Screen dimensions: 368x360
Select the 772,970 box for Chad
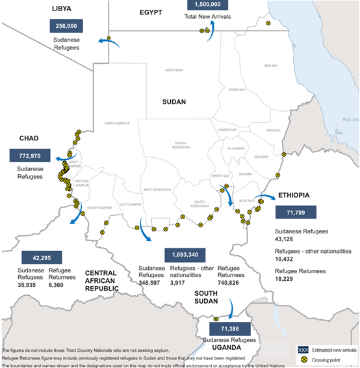(30, 156)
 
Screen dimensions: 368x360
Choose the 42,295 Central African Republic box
(43, 257)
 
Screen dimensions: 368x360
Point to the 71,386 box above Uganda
(230, 330)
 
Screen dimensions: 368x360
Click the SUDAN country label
(174, 102)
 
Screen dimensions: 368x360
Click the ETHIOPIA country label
(296, 195)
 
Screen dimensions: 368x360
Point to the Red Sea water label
(351, 120)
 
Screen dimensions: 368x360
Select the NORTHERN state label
(174, 70)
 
